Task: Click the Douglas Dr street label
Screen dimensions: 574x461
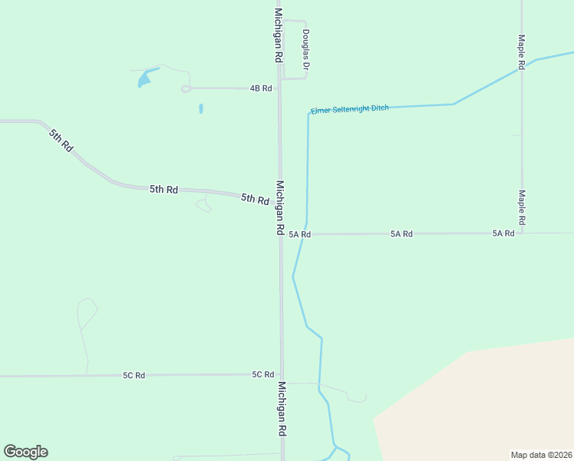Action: (x=305, y=51)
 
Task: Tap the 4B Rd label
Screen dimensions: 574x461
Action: (x=261, y=88)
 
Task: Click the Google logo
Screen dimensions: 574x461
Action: (x=25, y=452)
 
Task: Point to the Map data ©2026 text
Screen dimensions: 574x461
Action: (x=541, y=454)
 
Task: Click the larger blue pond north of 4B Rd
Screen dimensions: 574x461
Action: (x=143, y=78)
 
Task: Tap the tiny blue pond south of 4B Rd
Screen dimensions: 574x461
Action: (x=201, y=109)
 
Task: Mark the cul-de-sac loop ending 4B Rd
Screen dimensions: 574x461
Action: (x=186, y=89)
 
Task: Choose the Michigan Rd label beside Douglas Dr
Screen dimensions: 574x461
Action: (x=279, y=36)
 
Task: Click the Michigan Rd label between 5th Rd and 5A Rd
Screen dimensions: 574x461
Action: (x=280, y=208)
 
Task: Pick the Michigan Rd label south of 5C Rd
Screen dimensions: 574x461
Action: (x=282, y=409)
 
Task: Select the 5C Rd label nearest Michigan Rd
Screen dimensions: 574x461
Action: (x=263, y=374)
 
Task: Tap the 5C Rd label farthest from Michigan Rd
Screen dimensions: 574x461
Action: (x=134, y=375)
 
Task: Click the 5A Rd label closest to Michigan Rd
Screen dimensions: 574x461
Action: (x=299, y=234)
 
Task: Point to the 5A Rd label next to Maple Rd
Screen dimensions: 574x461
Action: (x=503, y=233)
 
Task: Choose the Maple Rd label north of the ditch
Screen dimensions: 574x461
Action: (x=520, y=52)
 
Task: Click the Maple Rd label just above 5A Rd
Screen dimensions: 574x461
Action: (x=521, y=208)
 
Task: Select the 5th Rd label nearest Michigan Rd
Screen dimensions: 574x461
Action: (x=255, y=199)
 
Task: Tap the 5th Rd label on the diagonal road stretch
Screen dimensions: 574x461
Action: (x=60, y=141)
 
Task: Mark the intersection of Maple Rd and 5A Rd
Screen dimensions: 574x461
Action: (x=521, y=232)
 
